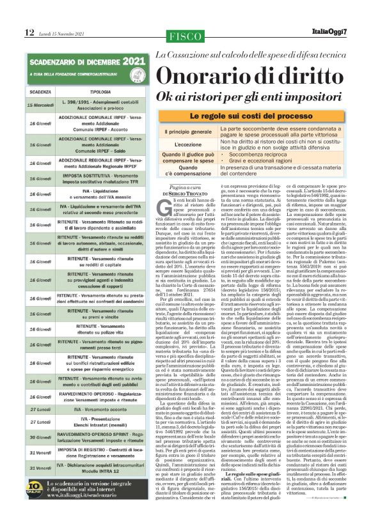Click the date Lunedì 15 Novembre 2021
click(x=63, y=33)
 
